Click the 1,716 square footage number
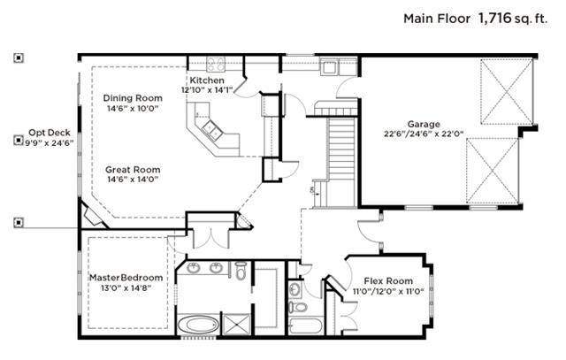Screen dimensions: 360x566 [495, 18]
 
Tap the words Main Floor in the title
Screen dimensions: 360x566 [437, 18]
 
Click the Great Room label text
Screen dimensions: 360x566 [133, 169]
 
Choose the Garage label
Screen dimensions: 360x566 [424, 124]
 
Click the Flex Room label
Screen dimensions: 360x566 [387, 280]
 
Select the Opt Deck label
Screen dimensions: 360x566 [43, 131]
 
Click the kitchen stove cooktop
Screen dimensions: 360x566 [216, 64]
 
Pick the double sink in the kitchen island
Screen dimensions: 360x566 [212, 131]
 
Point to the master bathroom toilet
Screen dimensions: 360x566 [241, 272]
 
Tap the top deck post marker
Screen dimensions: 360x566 [19, 59]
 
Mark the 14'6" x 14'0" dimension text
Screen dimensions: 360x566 [133, 180]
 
